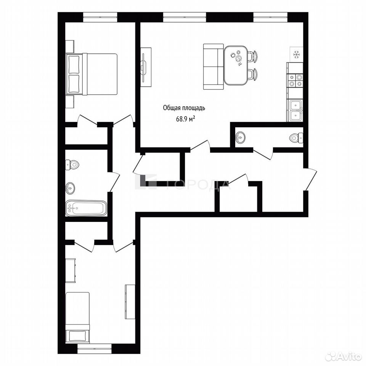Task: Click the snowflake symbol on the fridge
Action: [296, 55]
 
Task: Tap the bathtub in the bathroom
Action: [86, 208]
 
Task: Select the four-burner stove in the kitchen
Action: [295, 80]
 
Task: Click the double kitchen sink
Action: [296, 110]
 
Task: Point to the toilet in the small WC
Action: [296, 138]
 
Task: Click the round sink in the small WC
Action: [240, 138]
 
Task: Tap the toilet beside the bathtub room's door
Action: [72, 165]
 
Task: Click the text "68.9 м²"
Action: [185, 119]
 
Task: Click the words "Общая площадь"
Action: [184, 108]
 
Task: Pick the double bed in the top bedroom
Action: [91, 74]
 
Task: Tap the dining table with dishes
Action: [236, 65]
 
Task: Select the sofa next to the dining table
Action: [213, 66]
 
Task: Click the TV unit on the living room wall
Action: [146, 67]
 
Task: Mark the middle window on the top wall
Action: [185, 17]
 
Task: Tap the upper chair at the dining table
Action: [253, 56]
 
